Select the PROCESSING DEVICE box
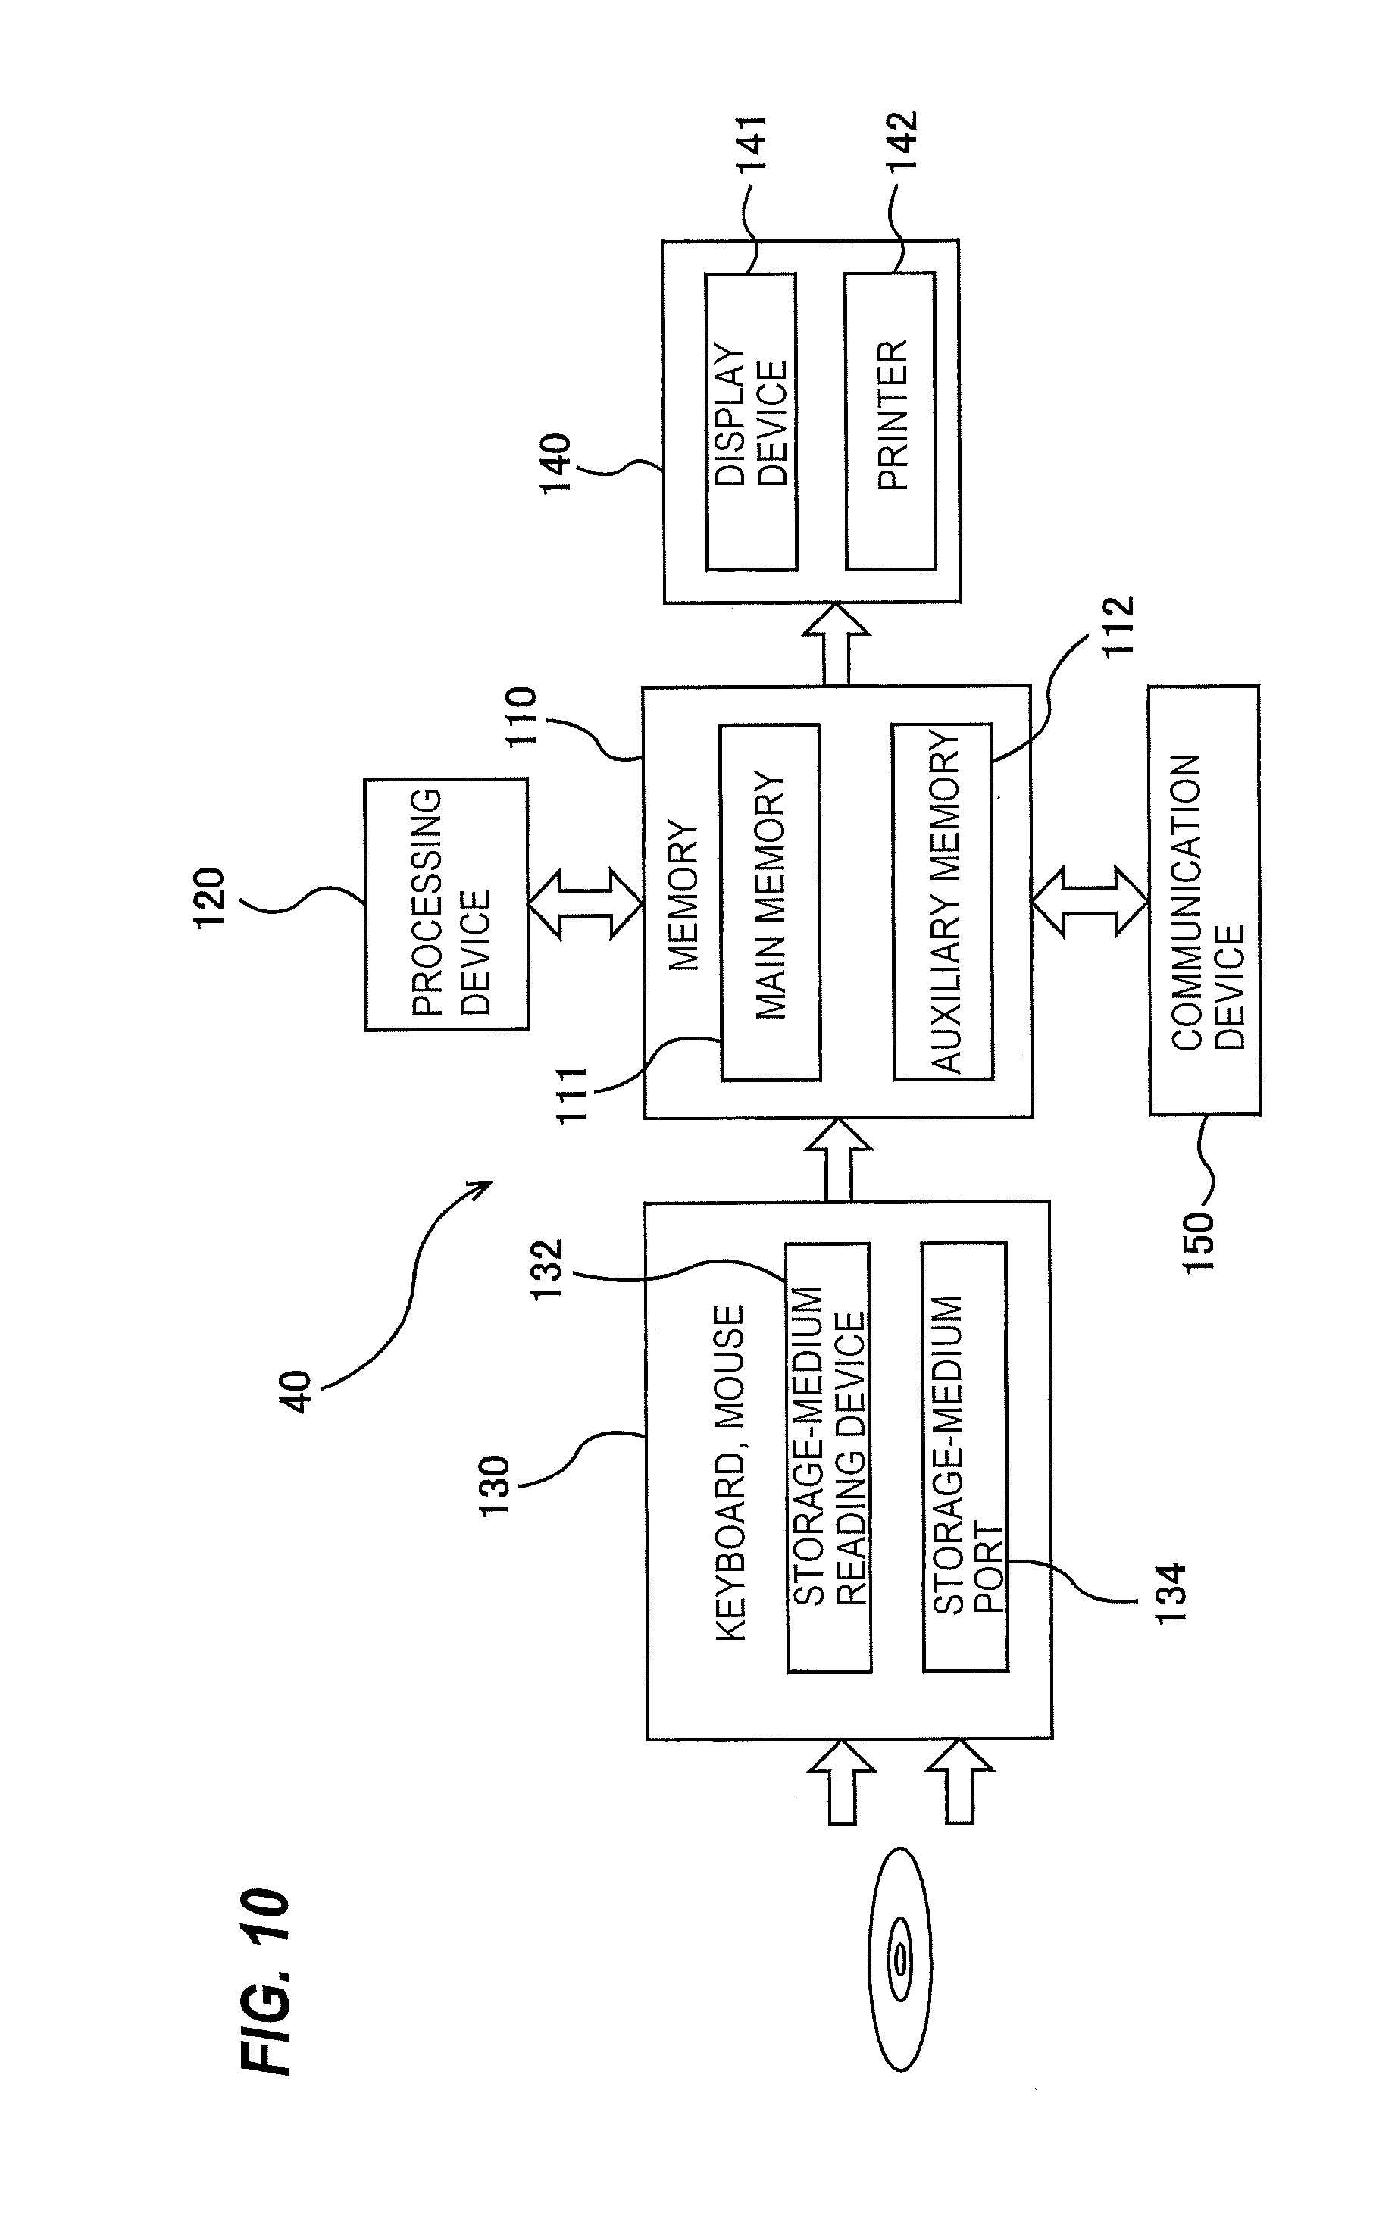click(446, 903)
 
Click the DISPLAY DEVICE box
click(751, 421)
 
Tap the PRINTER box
click(890, 421)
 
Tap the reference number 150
click(1198, 1243)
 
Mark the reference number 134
click(1171, 1592)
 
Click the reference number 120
click(209, 897)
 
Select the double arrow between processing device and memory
click(585, 903)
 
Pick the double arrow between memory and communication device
click(1089, 901)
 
